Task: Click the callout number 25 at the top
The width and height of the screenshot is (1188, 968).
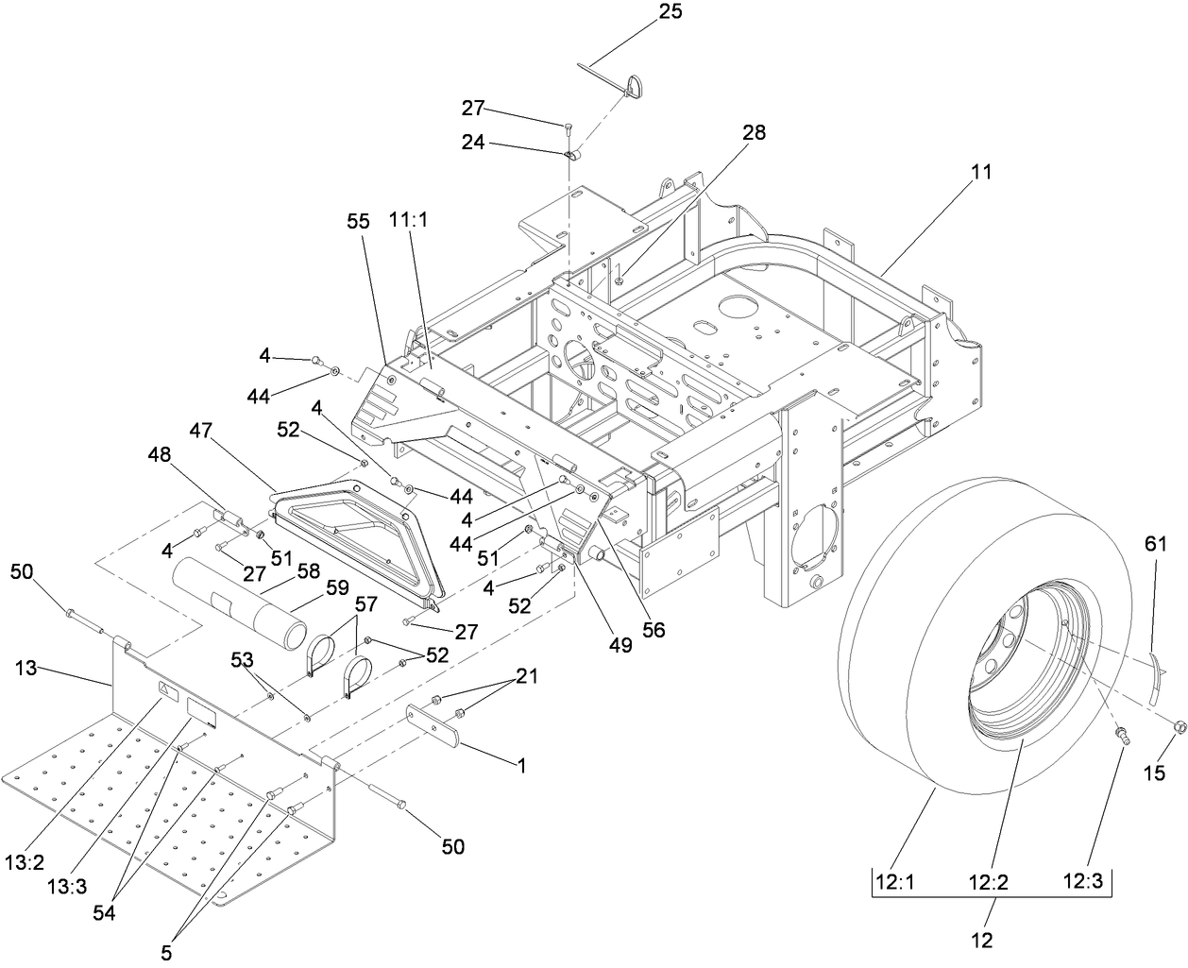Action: [670, 12]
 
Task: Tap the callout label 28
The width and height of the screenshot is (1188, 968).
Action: [754, 132]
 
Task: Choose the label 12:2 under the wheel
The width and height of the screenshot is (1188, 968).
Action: [988, 883]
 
